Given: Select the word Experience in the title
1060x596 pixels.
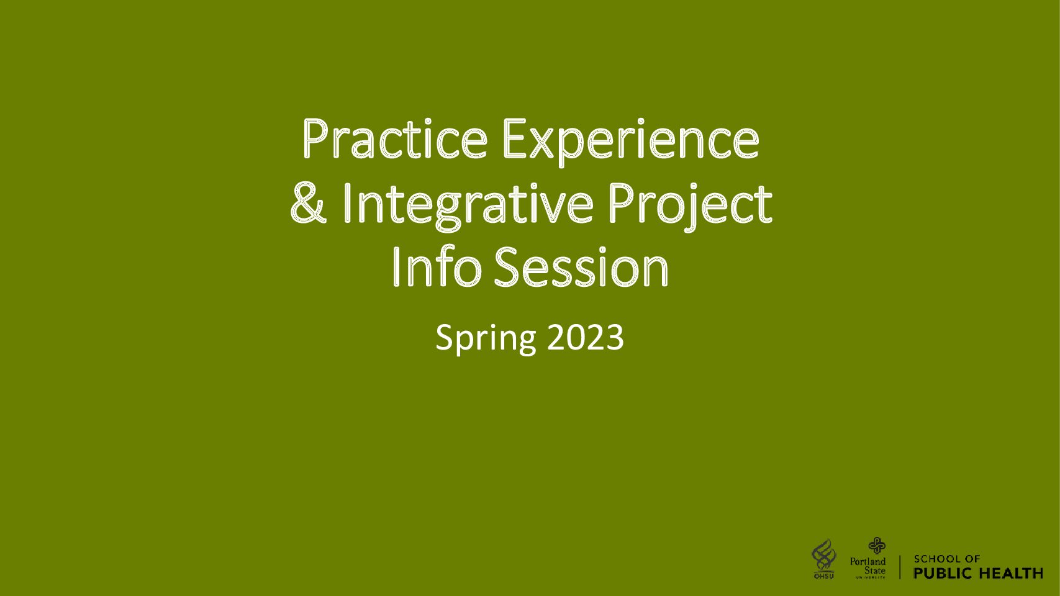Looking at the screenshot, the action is [631, 142].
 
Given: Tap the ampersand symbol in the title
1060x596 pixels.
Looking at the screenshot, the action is [308, 204].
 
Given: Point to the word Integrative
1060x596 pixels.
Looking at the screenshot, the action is [468, 207].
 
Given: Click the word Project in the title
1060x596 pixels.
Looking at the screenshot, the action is [691, 207].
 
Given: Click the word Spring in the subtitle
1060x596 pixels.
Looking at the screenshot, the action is [486, 339].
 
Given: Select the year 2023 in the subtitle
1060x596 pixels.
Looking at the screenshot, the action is [586, 337].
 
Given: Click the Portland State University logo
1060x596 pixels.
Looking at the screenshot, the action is [868, 558].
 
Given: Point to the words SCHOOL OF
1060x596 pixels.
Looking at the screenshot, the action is [947, 559].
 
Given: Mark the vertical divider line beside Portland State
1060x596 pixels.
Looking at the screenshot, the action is [900, 567].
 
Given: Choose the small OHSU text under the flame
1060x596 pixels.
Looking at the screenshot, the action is [824, 576].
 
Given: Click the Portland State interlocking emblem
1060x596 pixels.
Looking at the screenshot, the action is [877, 545].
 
